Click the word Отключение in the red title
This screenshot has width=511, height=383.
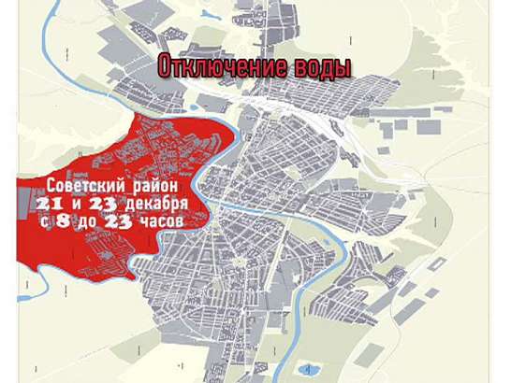coord(217,68)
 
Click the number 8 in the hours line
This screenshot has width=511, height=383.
coord(66,221)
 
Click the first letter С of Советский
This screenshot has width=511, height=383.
coord(51,186)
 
